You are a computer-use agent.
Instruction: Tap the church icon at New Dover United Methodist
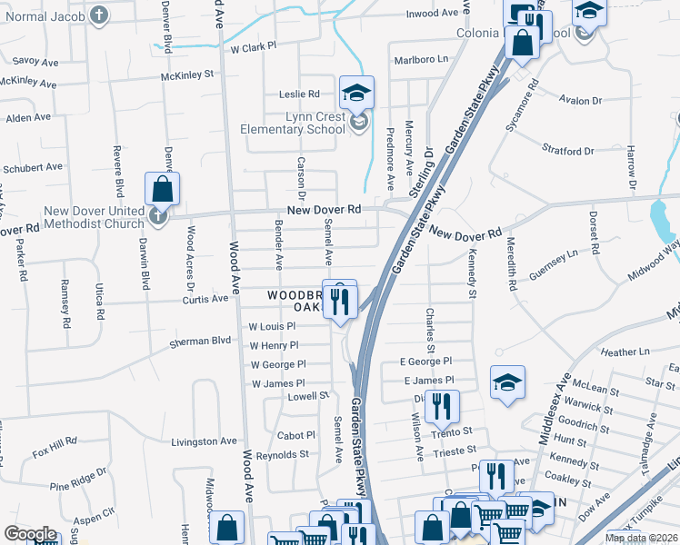(x=158, y=217)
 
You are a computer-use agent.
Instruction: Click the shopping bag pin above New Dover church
(x=162, y=189)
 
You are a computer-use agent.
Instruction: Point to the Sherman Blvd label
(x=200, y=342)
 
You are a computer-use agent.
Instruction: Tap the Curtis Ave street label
(x=205, y=298)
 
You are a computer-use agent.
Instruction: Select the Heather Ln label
(x=625, y=352)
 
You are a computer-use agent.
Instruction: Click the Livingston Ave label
(x=204, y=441)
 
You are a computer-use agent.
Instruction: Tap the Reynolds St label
(x=283, y=453)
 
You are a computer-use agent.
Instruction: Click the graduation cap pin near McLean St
(x=507, y=382)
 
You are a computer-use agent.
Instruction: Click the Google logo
(x=31, y=534)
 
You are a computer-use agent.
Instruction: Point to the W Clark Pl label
(x=254, y=48)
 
